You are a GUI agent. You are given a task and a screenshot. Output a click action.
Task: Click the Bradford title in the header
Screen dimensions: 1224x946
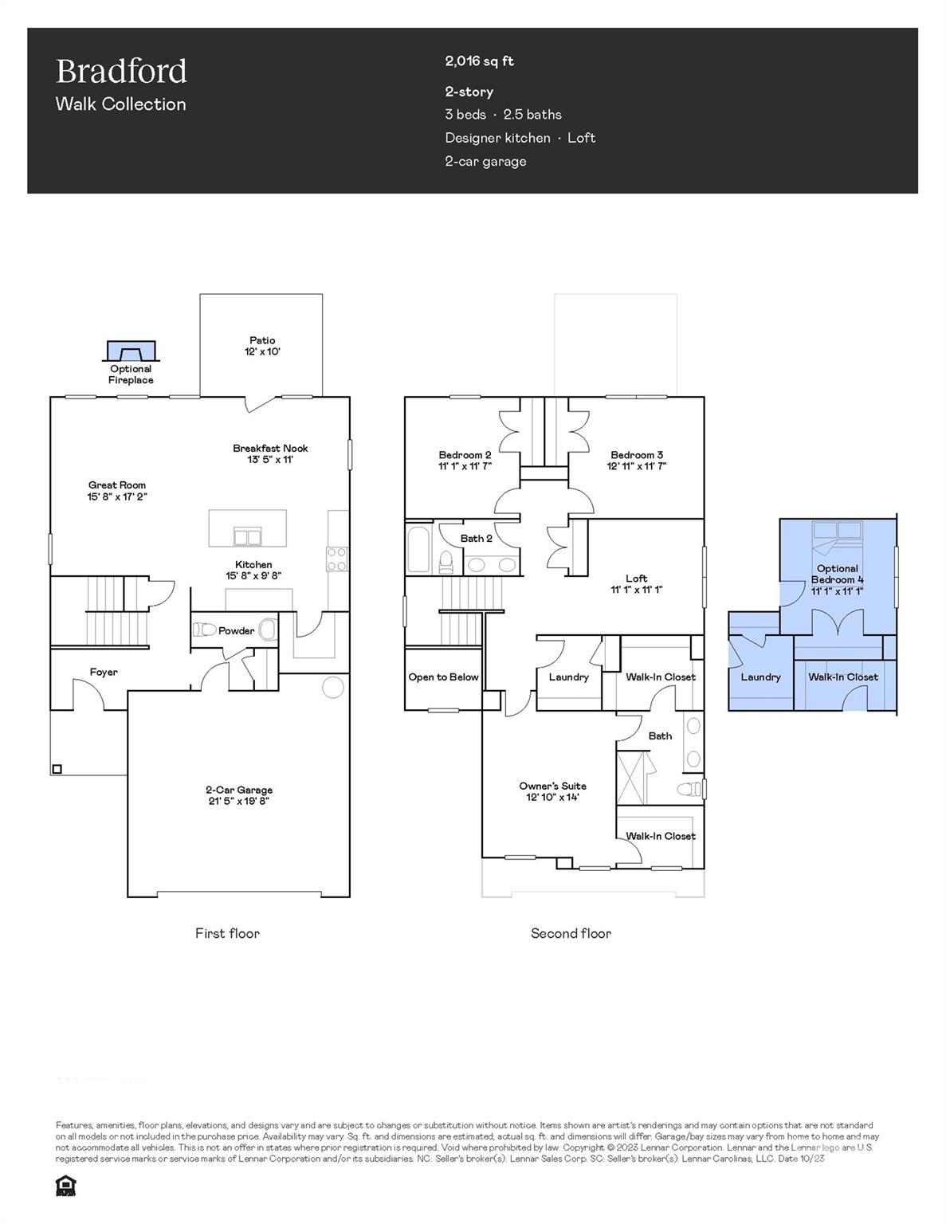pyautogui.click(x=121, y=72)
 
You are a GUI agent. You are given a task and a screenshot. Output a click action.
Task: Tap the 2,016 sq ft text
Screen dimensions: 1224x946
pyautogui.click(x=479, y=61)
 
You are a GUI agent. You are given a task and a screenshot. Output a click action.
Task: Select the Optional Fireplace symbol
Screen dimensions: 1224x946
pyautogui.click(x=131, y=351)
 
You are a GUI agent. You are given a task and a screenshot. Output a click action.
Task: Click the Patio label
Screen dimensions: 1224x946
pyautogui.click(x=262, y=340)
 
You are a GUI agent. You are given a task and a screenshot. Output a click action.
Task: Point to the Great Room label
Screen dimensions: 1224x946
pyautogui.click(x=117, y=484)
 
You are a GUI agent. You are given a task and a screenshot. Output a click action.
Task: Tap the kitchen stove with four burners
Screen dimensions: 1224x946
pyautogui.click(x=336, y=559)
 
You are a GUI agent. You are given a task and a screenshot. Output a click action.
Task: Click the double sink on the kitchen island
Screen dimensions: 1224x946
pyautogui.click(x=247, y=536)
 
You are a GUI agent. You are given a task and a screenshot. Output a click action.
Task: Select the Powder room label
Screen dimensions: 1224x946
pyautogui.click(x=236, y=630)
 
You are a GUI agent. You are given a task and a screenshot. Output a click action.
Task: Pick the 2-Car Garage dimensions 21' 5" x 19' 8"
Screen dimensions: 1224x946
pyautogui.click(x=239, y=801)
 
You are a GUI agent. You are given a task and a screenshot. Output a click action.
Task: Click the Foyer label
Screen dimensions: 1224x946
pyautogui.click(x=104, y=672)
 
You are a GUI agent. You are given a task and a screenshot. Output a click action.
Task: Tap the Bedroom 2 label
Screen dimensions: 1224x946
pyautogui.click(x=465, y=455)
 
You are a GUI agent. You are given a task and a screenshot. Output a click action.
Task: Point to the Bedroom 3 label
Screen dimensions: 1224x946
pyautogui.click(x=637, y=455)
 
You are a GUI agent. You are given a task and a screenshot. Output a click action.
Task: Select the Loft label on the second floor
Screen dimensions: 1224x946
pyautogui.click(x=636, y=579)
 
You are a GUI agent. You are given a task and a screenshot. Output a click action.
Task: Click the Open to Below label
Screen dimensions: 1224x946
pyautogui.click(x=443, y=677)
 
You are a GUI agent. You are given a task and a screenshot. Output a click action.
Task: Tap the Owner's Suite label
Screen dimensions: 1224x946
pyautogui.click(x=552, y=786)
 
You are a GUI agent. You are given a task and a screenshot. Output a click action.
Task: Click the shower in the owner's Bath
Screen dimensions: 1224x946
pyautogui.click(x=634, y=777)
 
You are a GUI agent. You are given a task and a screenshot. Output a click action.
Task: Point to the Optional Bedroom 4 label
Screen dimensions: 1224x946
pyautogui.click(x=837, y=574)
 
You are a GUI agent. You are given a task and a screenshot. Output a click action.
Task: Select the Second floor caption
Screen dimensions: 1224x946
pyautogui.click(x=571, y=933)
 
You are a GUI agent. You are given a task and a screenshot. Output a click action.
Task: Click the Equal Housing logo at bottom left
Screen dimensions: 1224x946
pyautogui.click(x=65, y=1186)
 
